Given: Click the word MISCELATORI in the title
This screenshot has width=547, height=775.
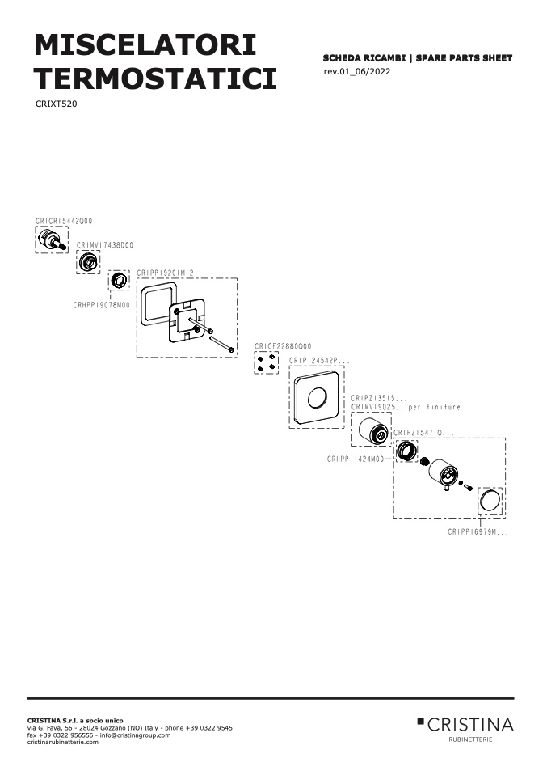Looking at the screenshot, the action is click(x=145, y=45).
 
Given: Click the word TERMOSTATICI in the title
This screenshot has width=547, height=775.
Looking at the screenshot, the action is click(x=155, y=78).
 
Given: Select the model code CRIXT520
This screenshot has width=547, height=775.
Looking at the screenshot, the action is click(x=57, y=104).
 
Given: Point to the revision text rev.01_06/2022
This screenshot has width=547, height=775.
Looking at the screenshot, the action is click(x=357, y=72).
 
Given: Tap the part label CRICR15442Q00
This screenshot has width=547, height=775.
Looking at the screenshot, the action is click(x=64, y=221).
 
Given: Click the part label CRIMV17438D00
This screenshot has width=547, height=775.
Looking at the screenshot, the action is click(x=105, y=245).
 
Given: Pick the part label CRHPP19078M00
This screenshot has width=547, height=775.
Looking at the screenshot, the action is click(x=102, y=305).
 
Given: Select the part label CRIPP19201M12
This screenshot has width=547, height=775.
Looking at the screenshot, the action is click(x=166, y=273).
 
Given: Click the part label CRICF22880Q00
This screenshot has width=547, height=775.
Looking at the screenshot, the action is click(x=283, y=346).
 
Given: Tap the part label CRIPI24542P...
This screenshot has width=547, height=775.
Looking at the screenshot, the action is click(x=319, y=361).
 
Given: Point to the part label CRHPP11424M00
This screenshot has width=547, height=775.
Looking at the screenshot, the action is click(x=356, y=459).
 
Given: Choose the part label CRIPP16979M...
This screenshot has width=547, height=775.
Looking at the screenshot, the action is click(x=478, y=532).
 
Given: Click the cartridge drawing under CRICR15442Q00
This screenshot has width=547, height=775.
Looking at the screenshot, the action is click(x=52, y=240).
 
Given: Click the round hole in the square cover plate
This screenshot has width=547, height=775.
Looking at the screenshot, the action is click(x=318, y=398).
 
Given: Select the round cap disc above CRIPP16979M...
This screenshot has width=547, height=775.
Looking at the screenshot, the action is click(x=490, y=501).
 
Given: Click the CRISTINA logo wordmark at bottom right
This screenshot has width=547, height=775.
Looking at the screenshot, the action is click(x=470, y=725).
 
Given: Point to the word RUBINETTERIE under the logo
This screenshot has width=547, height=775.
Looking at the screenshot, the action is click(x=470, y=739).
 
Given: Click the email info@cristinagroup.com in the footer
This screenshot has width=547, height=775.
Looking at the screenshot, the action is click(x=135, y=735).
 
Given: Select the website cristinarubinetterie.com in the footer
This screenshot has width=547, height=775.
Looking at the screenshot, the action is click(x=63, y=742).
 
